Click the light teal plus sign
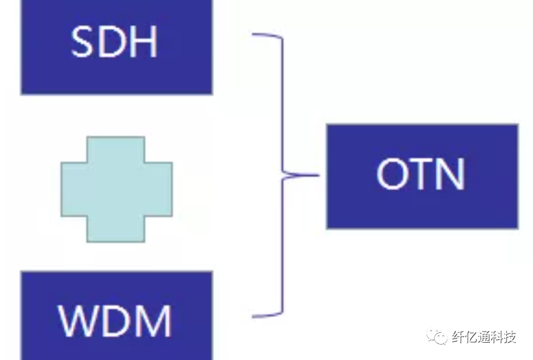(116, 189)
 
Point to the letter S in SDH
(84, 42)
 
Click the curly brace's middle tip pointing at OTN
(317, 175)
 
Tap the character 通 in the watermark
(484, 337)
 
